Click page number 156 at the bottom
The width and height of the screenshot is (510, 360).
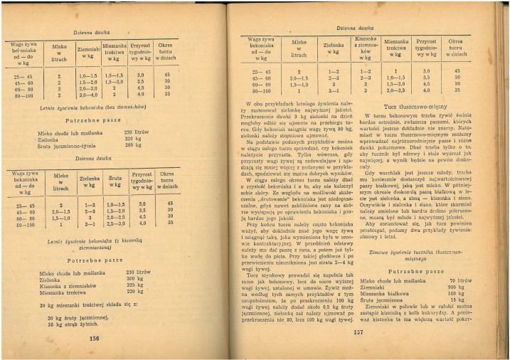[94, 339]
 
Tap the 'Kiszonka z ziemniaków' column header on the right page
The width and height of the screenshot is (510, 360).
[365, 47]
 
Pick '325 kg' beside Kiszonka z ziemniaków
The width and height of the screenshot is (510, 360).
[135, 285]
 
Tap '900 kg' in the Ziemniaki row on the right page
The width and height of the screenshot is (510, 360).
[464, 287]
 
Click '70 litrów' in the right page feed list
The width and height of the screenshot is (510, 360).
[464, 281]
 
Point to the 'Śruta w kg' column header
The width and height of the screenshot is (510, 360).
[116, 181]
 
